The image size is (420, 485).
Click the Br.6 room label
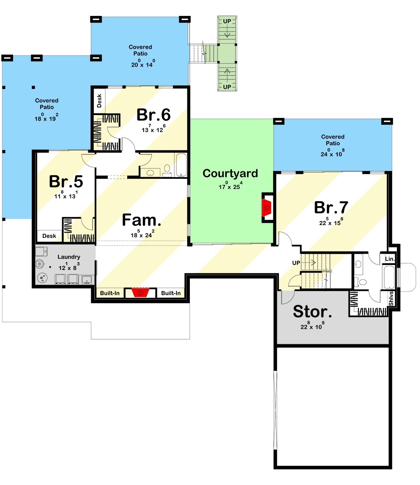(154, 115)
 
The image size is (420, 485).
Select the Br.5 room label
(66, 181)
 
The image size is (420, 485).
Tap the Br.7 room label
(331, 208)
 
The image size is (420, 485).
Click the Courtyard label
(230, 173)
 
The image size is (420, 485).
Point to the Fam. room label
(136, 220)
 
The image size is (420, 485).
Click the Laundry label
(69, 257)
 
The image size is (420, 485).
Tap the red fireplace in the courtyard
(267, 207)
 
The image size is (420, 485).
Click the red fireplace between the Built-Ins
(140, 292)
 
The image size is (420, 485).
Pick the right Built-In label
(171, 293)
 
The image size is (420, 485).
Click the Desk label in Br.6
(99, 101)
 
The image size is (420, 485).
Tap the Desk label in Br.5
(49, 236)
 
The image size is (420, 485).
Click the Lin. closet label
(389, 260)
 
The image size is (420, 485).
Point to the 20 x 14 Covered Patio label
(140, 50)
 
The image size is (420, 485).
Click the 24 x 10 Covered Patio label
(333, 140)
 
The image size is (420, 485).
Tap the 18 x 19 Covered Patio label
(47, 104)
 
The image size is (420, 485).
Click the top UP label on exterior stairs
(227, 21)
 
